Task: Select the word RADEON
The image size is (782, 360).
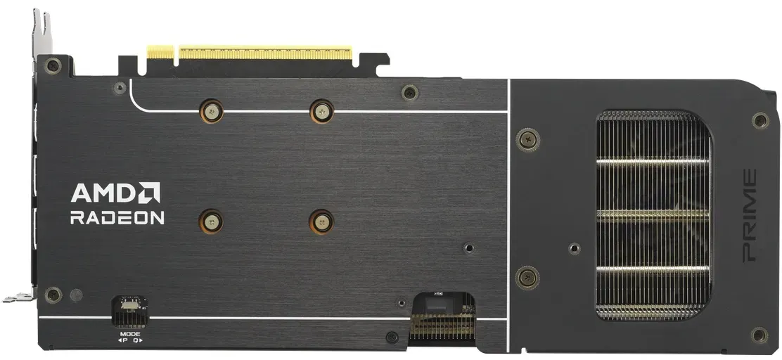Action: click(x=117, y=218)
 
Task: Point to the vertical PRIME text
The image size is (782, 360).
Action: click(x=750, y=215)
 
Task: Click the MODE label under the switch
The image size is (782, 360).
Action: click(x=130, y=333)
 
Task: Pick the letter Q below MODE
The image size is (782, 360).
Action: click(x=135, y=340)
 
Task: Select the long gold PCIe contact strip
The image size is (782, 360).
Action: click(x=265, y=53)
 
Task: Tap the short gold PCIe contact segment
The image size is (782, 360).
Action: click(x=160, y=53)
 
